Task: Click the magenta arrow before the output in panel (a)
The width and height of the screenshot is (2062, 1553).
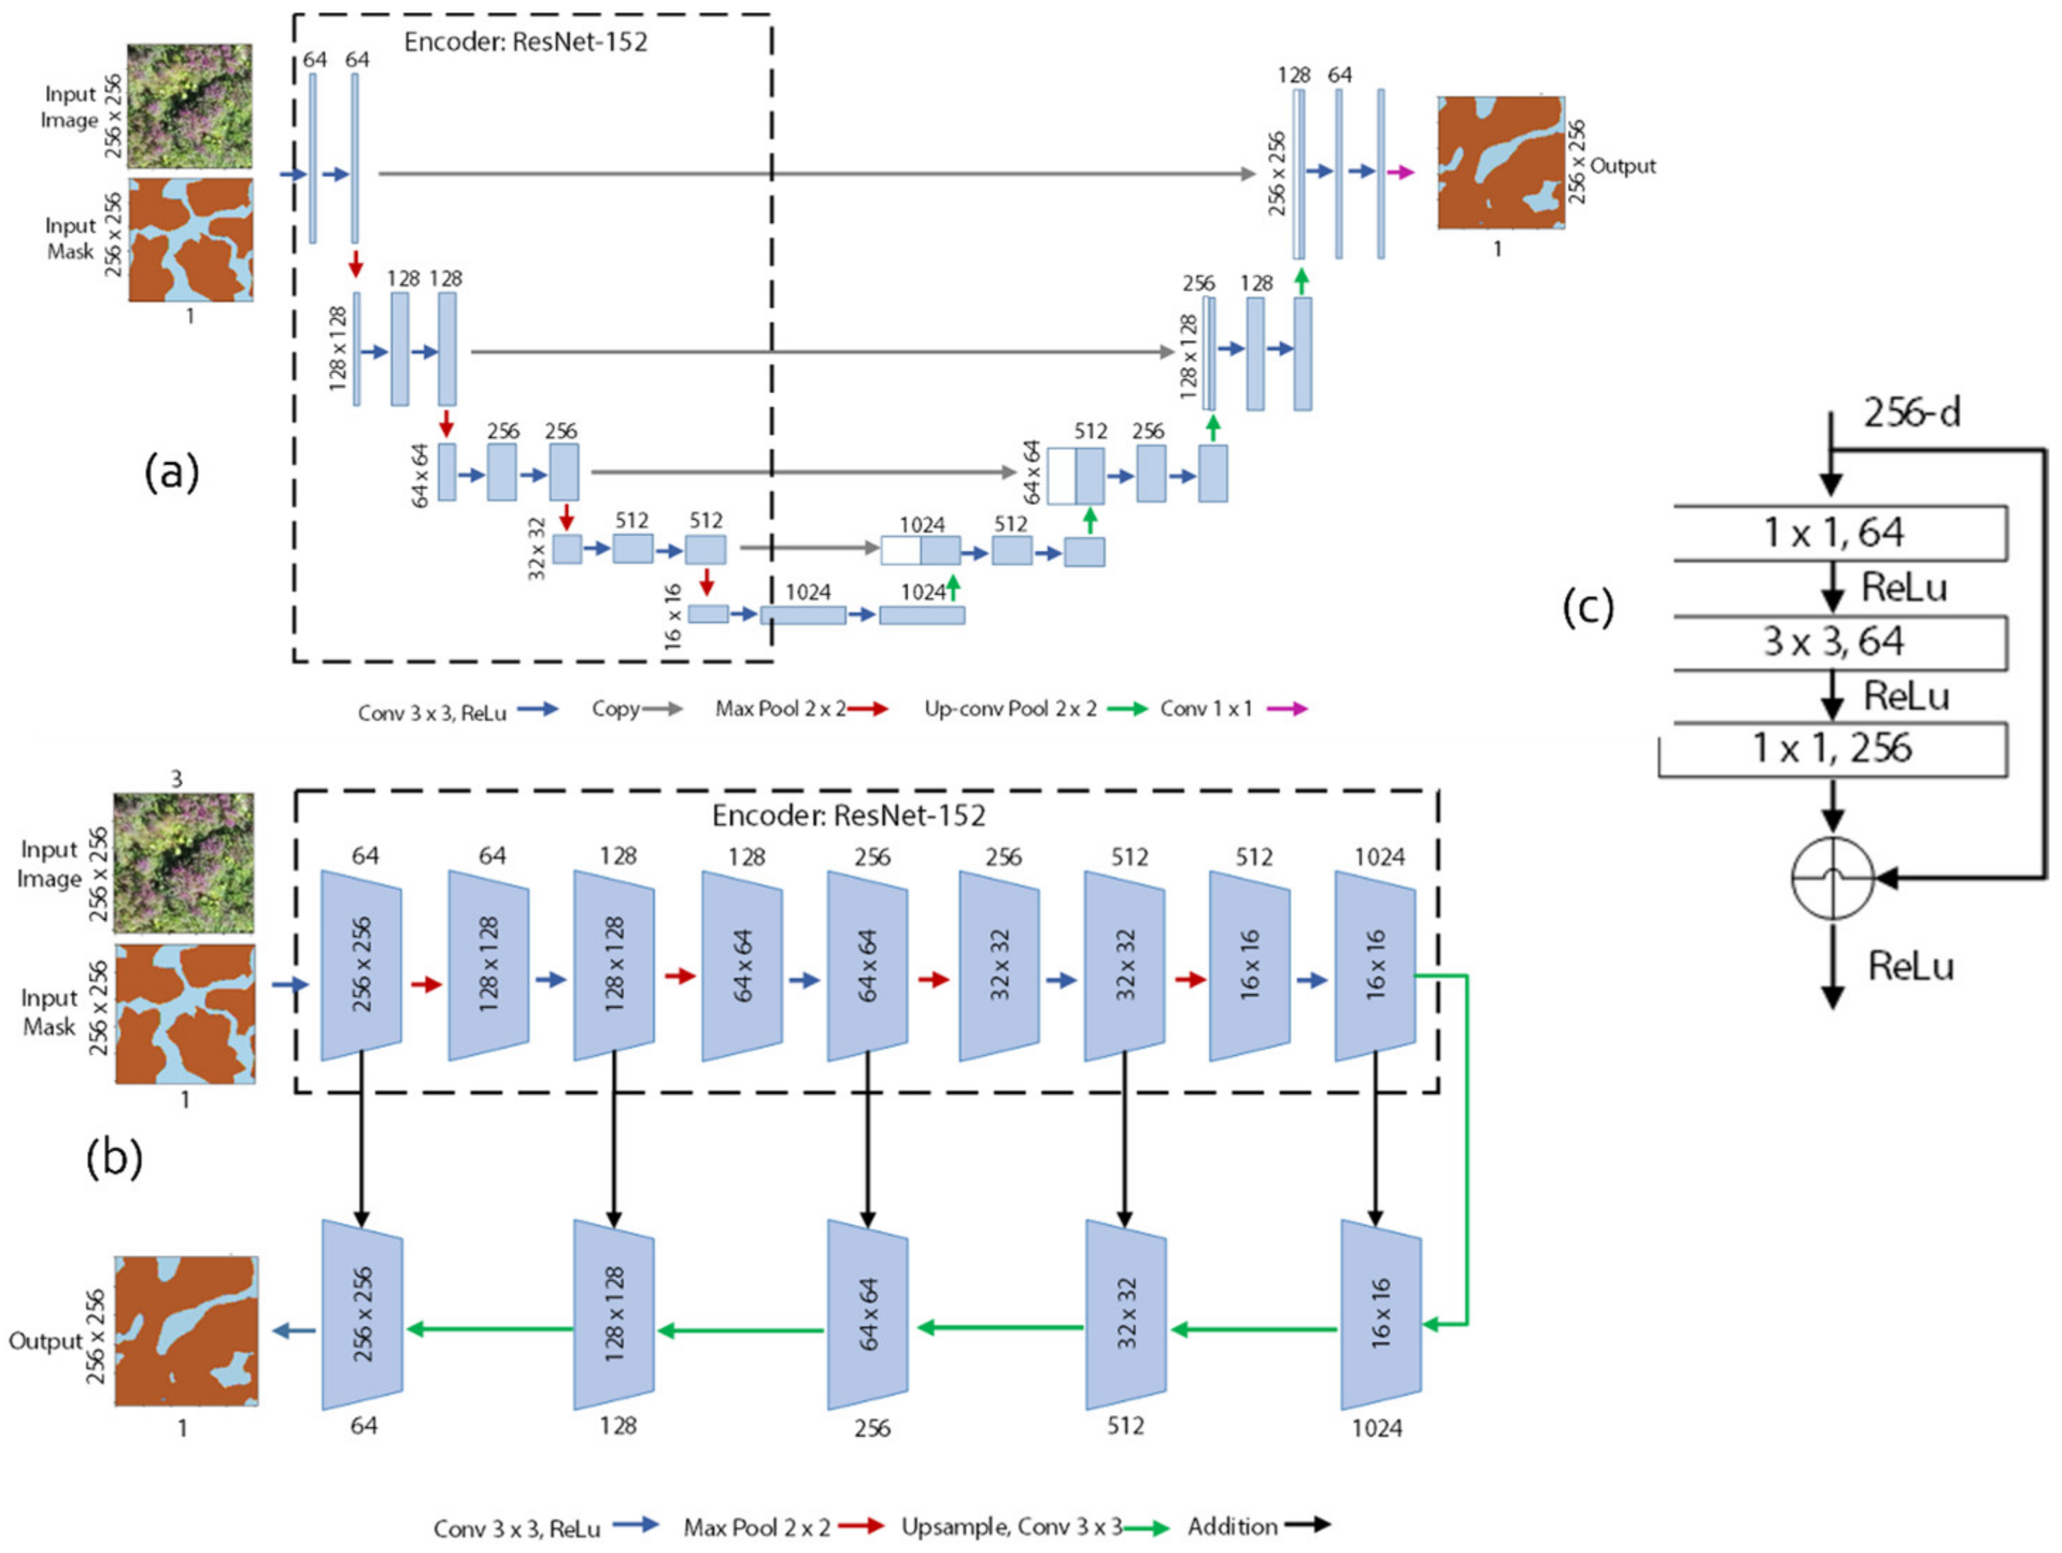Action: click(1400, 173)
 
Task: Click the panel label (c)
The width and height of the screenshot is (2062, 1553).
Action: click(1588, 607)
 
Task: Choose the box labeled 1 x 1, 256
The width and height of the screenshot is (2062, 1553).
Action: click(1834, 748)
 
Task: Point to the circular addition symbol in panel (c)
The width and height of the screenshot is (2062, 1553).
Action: click(1833, 878)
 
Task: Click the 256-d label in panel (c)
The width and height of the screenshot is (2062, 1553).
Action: click(1911, 412)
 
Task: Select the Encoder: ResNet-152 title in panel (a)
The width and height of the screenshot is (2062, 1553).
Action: click(525, 42)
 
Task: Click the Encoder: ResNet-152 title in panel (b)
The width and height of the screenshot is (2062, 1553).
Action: click(849, 815)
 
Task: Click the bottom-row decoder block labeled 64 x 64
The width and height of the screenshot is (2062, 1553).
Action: click(868, 1315)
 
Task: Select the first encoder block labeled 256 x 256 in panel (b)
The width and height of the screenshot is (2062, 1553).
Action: click(361, 965)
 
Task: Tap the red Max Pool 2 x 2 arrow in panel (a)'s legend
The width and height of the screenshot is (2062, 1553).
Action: click(868, 709)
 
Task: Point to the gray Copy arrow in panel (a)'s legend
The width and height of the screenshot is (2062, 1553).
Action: click(663, 709)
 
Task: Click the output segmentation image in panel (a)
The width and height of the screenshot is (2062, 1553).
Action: click(1500, 162)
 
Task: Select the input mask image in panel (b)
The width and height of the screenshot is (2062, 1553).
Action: click(185, 1013)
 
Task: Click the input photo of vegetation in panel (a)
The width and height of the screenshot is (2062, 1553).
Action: click(190, 105)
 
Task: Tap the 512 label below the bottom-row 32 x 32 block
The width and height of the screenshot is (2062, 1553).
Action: click(1125, 1425)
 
